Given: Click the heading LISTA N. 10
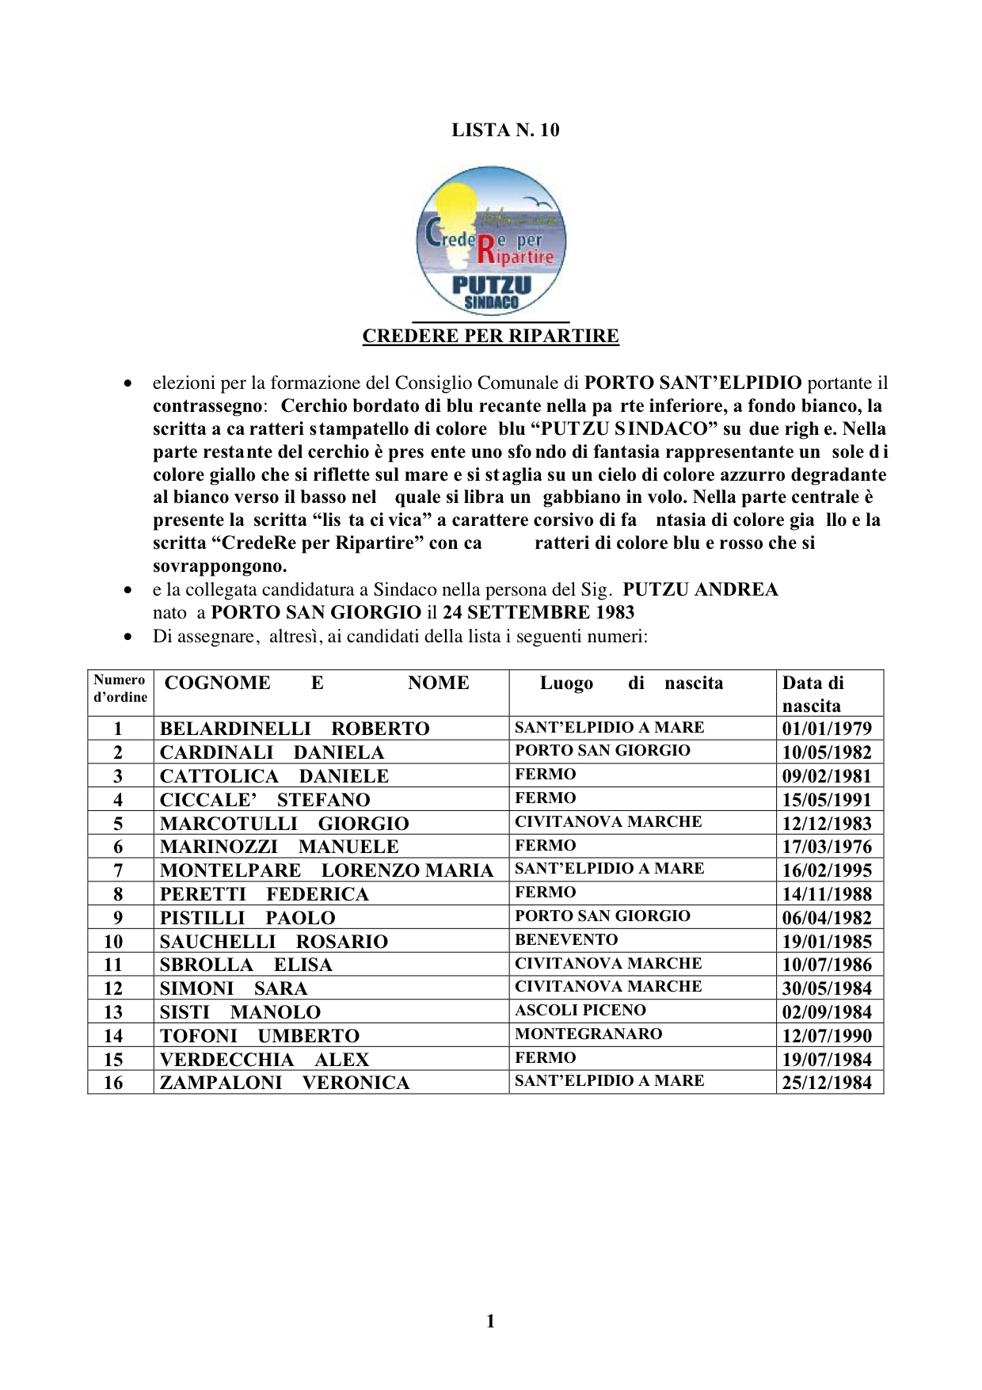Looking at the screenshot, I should coord(505,130).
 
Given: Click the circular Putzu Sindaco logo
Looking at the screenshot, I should coord(491,241).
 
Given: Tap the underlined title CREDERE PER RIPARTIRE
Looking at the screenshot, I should coord(490,336).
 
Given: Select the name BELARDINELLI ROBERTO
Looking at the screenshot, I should coord(295,729).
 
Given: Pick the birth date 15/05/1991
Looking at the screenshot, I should coord(827,800).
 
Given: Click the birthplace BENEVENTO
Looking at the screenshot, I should coord(566,940).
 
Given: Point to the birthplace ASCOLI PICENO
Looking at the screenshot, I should coord(580,1011).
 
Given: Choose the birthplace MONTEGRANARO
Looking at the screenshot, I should coord(588,1034).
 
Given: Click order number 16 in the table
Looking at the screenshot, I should coord(113,1083).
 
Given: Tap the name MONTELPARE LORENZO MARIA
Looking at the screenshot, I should coord(326,870).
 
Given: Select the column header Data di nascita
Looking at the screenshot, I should coord(813,694).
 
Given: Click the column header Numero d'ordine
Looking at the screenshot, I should coord(120,688).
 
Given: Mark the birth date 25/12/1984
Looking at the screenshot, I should coord(827,1083).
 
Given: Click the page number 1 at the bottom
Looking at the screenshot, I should coord(490,1320).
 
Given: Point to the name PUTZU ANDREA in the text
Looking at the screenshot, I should coord(700,589).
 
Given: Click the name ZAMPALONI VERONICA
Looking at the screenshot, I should coord(284,1083).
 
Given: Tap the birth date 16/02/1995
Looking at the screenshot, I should coord(827,870).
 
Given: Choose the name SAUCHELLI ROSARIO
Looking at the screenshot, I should coord(274,942).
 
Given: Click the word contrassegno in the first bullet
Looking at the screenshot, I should coord(207,406).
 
